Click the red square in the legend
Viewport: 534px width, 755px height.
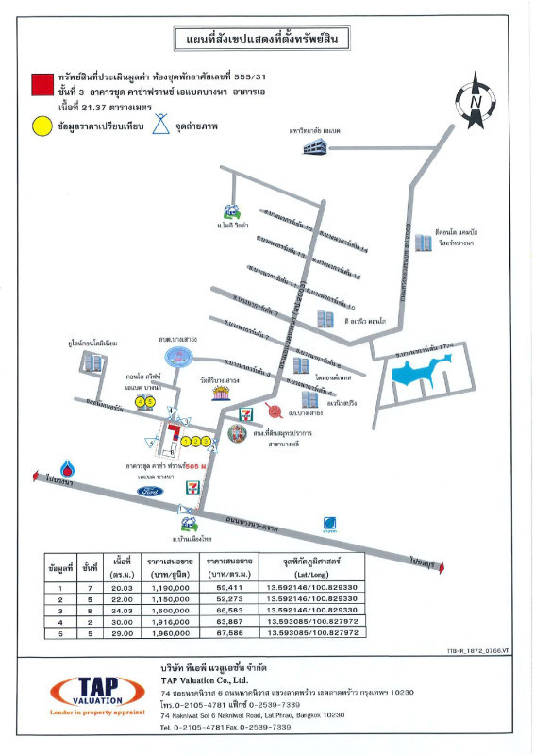pos(42,85)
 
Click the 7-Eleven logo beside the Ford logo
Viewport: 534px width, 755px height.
pos(193,488)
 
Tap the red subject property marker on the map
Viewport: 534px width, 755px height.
pos(175,435)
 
